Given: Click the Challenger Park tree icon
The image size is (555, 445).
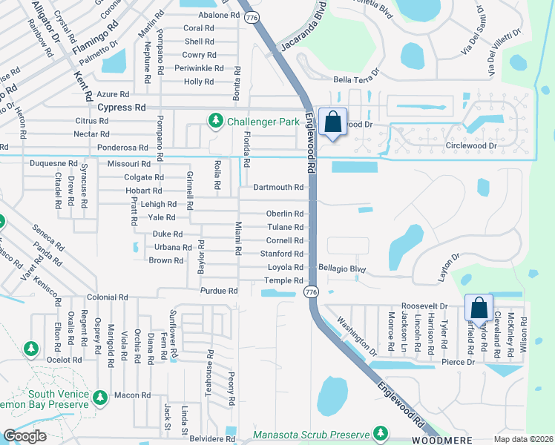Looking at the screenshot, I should pyautogui.click(x=216, y=120).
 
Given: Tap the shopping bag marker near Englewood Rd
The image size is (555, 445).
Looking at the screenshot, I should pyautogui.click(x=333, y=122).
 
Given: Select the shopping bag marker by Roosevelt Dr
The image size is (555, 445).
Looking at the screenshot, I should pyautogui.click(x=479, y=308).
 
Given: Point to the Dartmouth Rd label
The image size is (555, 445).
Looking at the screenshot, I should pyautogui.click(x=278, y=188).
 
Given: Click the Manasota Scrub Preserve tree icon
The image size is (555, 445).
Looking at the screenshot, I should pyautogui.click(x=381, y=433).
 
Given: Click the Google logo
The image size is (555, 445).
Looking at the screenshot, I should pyautogui.click(x=24, y=436).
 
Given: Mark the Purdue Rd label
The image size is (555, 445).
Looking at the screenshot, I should pyautogui.click(x=219, y=291).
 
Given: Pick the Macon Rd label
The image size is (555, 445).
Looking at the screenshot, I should pyautogui.click(x=133, y=395).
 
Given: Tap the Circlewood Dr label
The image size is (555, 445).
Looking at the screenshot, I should pyautogui.click(x=471, y=146).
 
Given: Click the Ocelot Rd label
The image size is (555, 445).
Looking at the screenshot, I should pyautogui.click(x=63, y=360).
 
